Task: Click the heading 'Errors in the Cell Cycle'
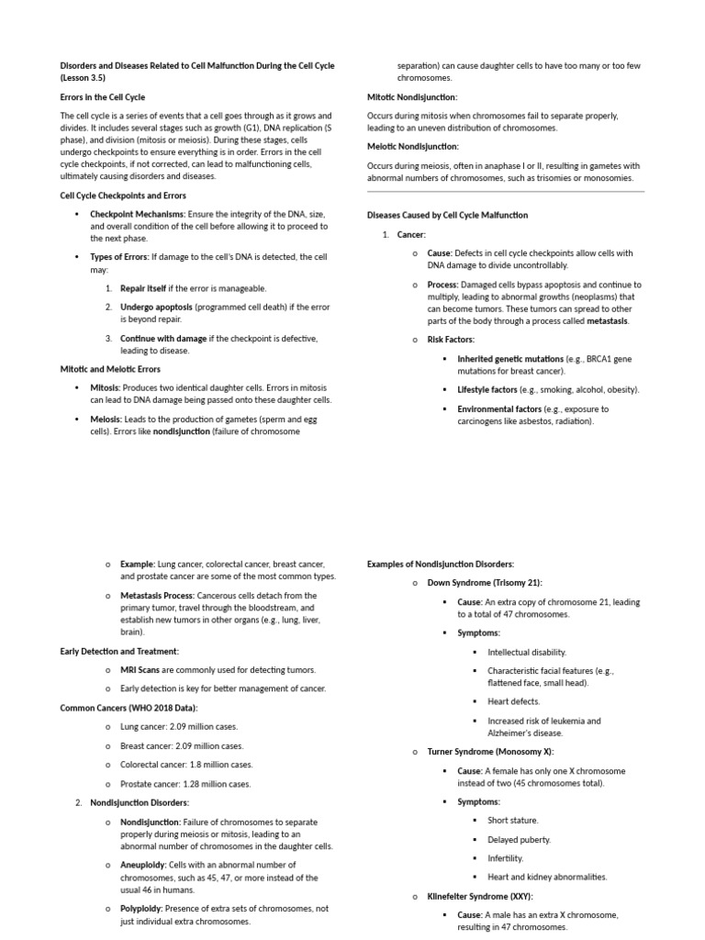pyautogui.click(x=102, y=96)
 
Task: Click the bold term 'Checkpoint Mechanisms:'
pyautogui.click(x=137, y=214)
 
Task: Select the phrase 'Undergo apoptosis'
pyautogui.click(x=156, y=306)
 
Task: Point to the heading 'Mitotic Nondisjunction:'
pyautogui.click(x=412, y=96)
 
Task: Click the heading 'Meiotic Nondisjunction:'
pyautogui.click(x=413, y=146)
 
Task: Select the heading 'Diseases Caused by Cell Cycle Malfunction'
pyautogui.click(x=447, y=215)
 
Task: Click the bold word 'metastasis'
pyautogui.click(x=608, y=321)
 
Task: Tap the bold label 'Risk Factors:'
pyautogui.click(x=451, y=340)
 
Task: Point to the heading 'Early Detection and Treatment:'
pyautogui.click(x=119, y=651)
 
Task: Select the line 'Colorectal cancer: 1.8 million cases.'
pyautogui.click(x=186, y=765)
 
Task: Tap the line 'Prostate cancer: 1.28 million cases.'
pyautogui.click(x=185, y=784)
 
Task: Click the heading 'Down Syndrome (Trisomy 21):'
pyautogui.click(x=485, y=583)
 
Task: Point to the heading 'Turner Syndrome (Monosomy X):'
pyautogui.click(x=490, y=752)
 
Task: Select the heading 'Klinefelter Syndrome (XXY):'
pyautogui.click(x=480, y=896)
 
